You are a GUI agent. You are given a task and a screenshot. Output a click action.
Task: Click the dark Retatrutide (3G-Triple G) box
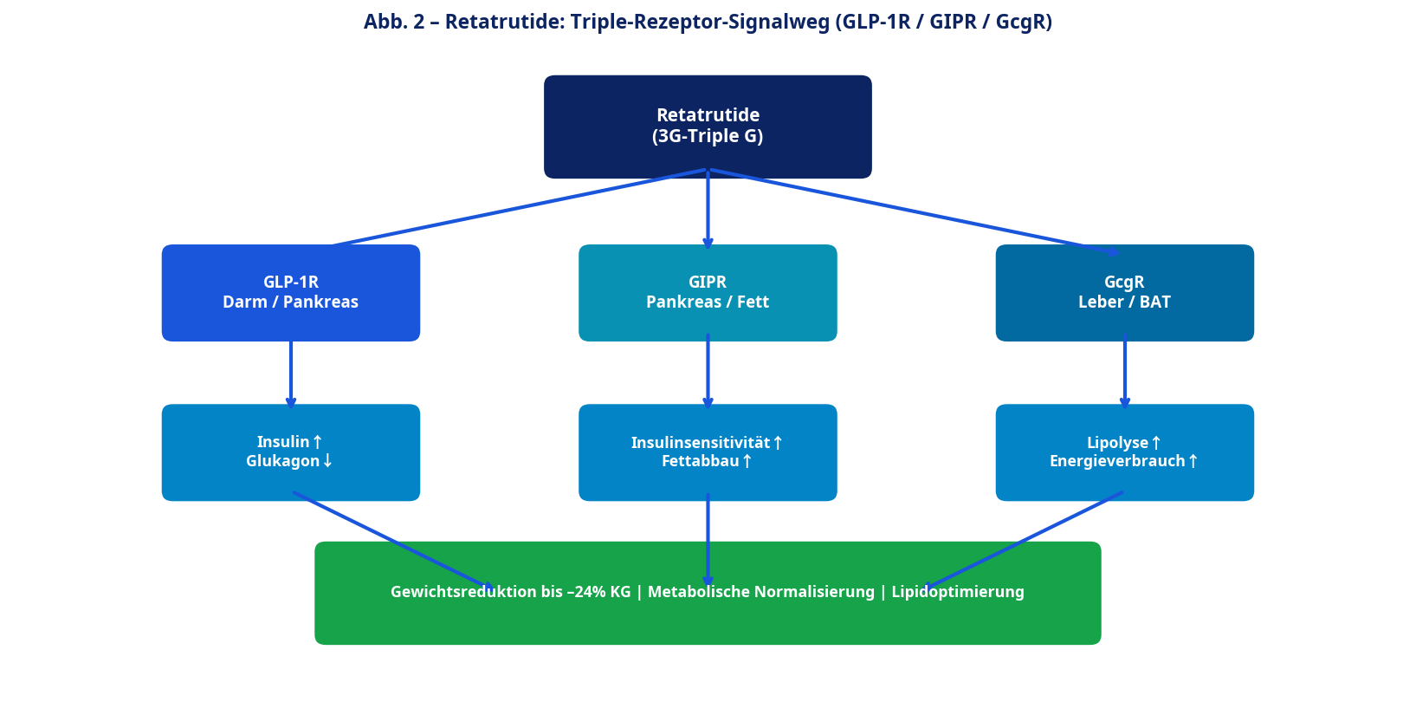point(708,127)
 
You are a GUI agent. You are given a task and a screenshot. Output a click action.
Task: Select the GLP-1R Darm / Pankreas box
point(291,293)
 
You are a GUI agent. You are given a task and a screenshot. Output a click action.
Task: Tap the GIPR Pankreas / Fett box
point(708,293)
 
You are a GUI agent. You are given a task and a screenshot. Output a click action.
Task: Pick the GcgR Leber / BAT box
point(1124,293)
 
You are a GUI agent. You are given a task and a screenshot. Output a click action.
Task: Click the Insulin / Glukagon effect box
point(291,452)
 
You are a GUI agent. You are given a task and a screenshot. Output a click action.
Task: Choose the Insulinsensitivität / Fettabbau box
point(708,452)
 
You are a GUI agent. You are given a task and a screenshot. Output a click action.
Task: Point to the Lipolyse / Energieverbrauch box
point(1124,452)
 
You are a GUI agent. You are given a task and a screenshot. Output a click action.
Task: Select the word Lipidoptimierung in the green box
point(958,592)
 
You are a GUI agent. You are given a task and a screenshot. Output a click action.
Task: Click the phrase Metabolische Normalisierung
point(760,592)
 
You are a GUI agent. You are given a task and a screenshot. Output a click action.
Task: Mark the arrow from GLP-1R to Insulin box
point(291,373)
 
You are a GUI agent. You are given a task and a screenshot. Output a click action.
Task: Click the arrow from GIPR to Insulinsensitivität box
point(708,373)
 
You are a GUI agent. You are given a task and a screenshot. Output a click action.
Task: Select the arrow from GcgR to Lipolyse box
point(1124,373)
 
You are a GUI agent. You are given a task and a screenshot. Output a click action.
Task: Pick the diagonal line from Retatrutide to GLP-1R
point(520,207)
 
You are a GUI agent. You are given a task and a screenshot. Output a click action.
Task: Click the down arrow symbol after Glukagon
point(327,461)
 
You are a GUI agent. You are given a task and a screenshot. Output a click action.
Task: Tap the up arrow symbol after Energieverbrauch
point(1193,461)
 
